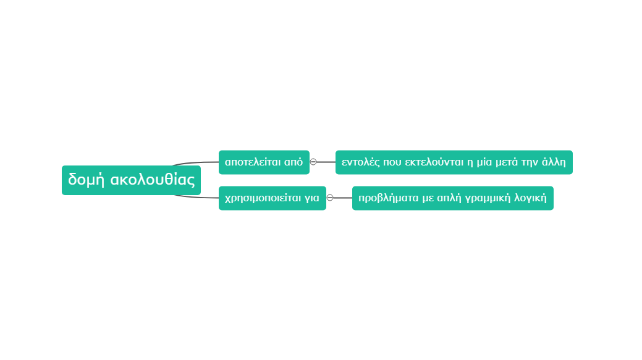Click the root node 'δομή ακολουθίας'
pos(131,180)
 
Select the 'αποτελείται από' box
pos(264,162)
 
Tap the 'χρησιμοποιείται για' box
pos(272,198)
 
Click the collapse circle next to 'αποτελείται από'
pos(313,162)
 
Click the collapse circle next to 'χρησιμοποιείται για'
pos(330,198)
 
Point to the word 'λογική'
pos(530,198)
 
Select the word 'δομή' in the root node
pos(87,180)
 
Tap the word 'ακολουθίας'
pos(153,180)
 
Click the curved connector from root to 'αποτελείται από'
pos(196,163)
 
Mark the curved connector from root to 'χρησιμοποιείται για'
pos(196,197)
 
